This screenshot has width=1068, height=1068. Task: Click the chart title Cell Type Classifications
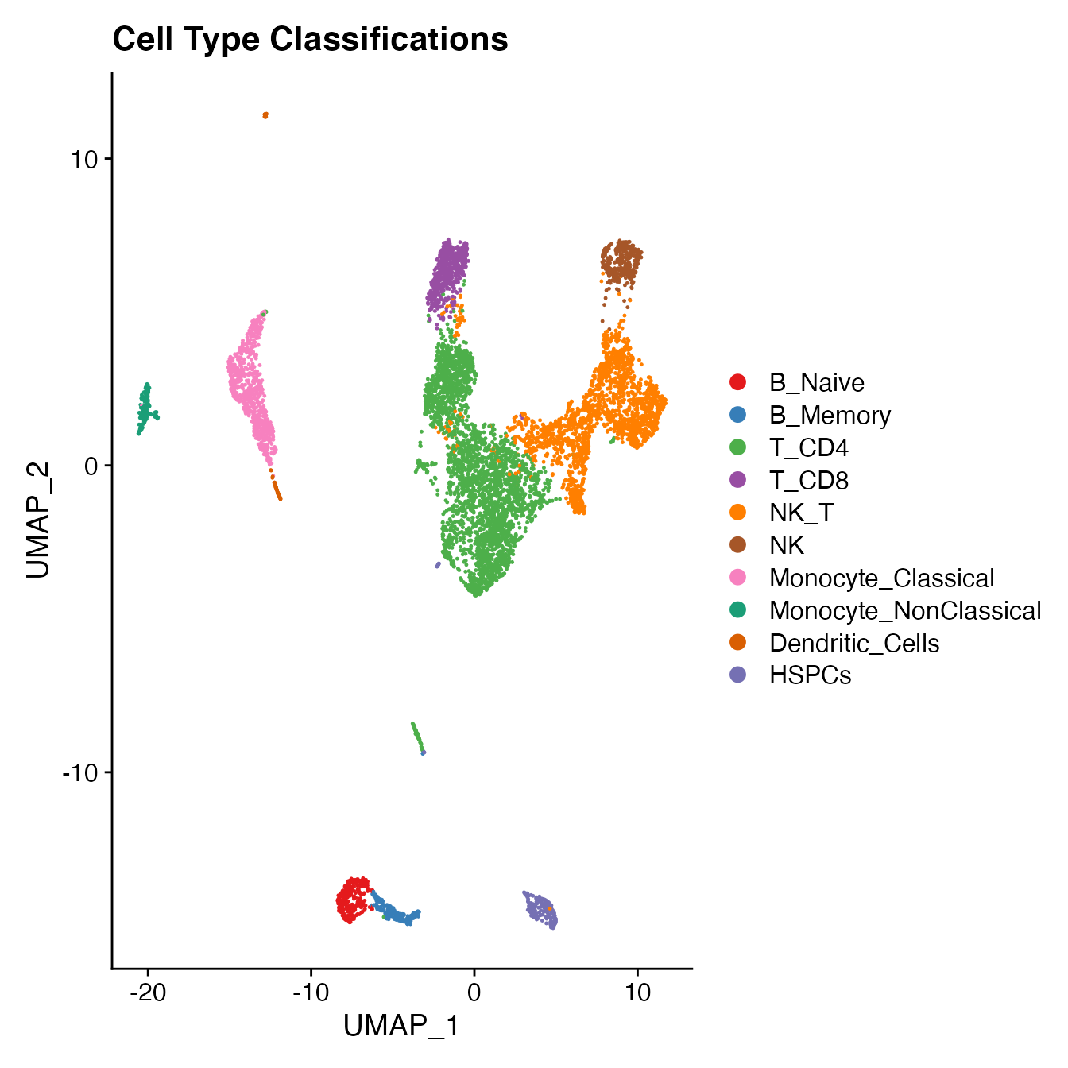click(310, 40)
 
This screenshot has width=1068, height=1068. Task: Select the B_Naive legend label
click(816, 383)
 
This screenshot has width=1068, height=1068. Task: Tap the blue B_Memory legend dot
click(737, 415)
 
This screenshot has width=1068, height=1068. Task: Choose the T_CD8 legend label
click(809, 481)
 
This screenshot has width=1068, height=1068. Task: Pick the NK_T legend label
click(801, 513)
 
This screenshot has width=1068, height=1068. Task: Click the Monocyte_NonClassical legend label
click(904, 611)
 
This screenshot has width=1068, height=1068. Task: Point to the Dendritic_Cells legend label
click(854, 644)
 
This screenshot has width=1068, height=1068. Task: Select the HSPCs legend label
click(810, 676)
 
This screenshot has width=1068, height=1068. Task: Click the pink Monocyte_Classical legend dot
click(737, 578)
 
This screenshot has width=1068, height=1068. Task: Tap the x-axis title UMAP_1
click(401, 1027)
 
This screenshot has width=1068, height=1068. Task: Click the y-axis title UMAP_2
click(38, 520)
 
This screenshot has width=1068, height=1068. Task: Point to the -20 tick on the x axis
click(147, 993)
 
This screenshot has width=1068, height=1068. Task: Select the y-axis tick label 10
click(84, 159)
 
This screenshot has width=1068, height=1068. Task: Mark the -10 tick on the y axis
click(79, 772)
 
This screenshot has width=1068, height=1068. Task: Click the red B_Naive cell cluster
click(353, 899)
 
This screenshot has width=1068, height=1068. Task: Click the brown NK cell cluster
click(621, 261)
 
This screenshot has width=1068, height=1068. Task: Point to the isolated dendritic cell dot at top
click(265, 115)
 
